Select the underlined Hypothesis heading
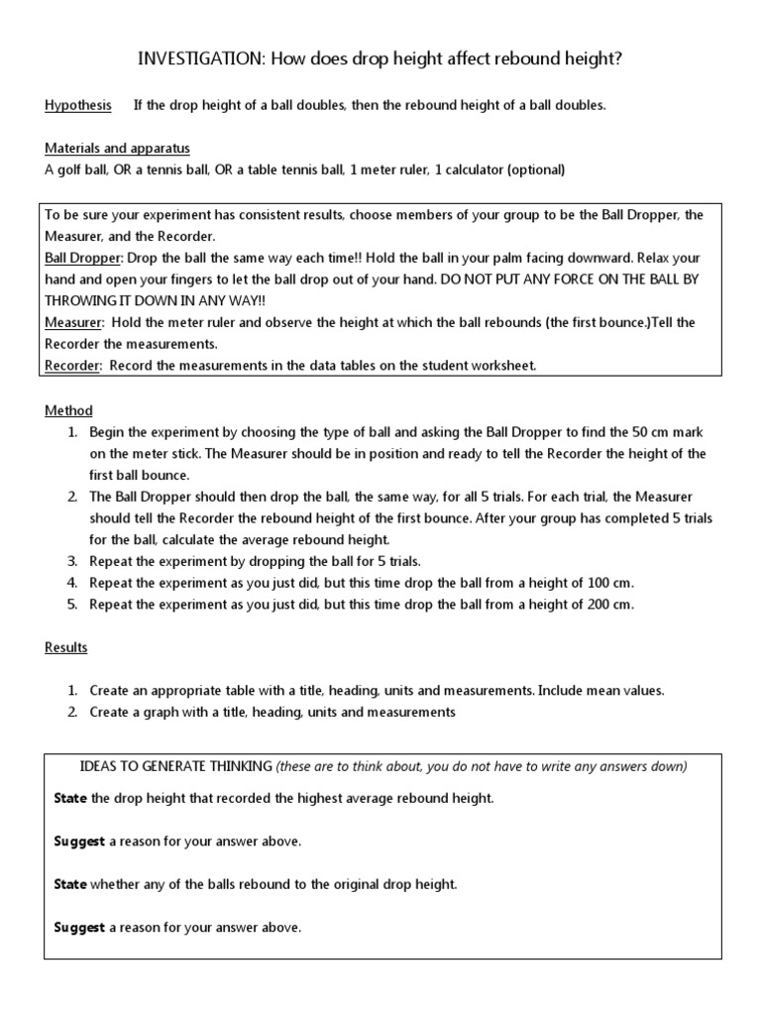point(78,105)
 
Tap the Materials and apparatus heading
point(117,149)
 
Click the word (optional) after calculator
point(535,169)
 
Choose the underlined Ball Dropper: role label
point(81,258)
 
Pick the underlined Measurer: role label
point(73,322)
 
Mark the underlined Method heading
point(68,410)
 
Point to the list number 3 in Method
point(72,561)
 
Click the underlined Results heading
point(65,647)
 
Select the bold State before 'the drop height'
point(69,798)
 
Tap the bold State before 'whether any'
point(69,885)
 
